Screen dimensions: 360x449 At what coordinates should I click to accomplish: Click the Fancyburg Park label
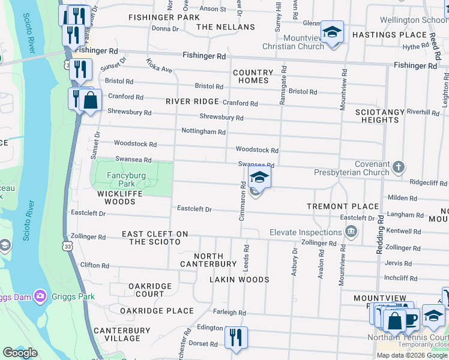tap(118, 179)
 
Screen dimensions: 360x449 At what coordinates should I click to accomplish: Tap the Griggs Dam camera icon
tap(40, 296)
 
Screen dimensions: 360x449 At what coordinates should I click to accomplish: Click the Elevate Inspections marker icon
tap(352, 232)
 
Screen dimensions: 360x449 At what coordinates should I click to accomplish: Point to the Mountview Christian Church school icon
tap(331, 32)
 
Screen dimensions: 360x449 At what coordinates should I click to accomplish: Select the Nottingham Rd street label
tap(203, 131)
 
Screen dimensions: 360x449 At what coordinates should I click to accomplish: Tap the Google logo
tap(20, 353)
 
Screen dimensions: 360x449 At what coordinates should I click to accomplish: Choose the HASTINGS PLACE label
tap(381, 35)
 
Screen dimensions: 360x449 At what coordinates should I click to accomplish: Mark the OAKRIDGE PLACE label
tap(157, 311)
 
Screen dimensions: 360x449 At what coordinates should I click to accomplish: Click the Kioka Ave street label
tap(159, 65)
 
